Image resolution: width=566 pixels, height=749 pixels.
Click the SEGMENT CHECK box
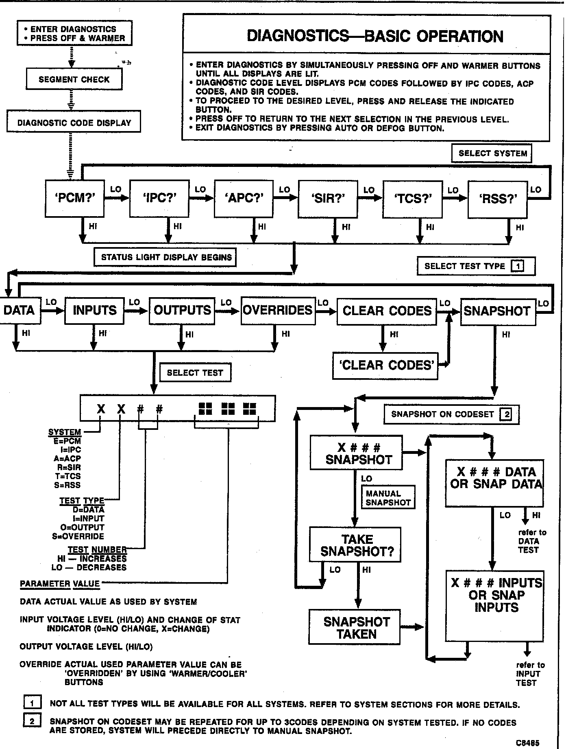[x=74, y=79]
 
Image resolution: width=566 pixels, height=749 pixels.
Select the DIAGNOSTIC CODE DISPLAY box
[x=74, y=122]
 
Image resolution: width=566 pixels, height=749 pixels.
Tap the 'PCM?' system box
[x=74, y=198]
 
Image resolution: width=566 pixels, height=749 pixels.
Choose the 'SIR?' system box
[x=328, y=199]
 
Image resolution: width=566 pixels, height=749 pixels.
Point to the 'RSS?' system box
[x=497, y=199]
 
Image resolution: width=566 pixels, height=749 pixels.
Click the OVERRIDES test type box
[x=278, y=310]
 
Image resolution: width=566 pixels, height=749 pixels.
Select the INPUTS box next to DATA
[x=94, y=310]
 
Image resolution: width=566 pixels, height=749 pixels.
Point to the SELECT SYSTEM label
[x=492, y=153]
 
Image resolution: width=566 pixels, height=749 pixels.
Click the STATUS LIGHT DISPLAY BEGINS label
[x=166, y=257]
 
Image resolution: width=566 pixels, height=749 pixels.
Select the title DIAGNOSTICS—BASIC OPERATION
[x=375, y=37]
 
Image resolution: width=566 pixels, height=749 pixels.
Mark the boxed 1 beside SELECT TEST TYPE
[x=518, y=266]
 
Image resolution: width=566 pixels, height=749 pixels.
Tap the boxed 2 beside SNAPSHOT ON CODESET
[x=507, y=414]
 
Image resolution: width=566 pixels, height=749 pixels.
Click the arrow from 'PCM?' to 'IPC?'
[x=117, y=198]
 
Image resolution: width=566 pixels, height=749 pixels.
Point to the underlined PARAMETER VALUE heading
[x=60, y=584]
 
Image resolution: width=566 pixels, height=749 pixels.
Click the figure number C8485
[x=528, y=742]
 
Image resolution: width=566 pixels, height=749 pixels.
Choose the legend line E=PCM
[x=67, y=441]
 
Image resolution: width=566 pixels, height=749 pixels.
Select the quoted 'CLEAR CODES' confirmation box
[x=386, y=365]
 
